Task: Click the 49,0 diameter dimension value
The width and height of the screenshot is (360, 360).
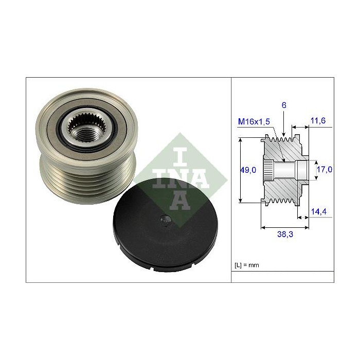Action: tap(248, 170)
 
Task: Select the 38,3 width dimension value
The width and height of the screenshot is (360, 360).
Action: tap(285, 234)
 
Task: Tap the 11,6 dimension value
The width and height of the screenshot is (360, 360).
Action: tap(318, 120)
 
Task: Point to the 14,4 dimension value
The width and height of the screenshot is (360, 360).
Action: tap(319, 211)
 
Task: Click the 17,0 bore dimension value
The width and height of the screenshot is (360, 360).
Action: tap(325, 169)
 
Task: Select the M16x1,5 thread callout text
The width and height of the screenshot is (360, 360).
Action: tap(254, 121)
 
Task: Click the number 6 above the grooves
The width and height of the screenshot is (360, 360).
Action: tap(284, 105)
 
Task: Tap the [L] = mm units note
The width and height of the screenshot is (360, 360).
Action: tap(247, 265)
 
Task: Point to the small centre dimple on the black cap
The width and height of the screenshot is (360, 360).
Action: tap(166, 221)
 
